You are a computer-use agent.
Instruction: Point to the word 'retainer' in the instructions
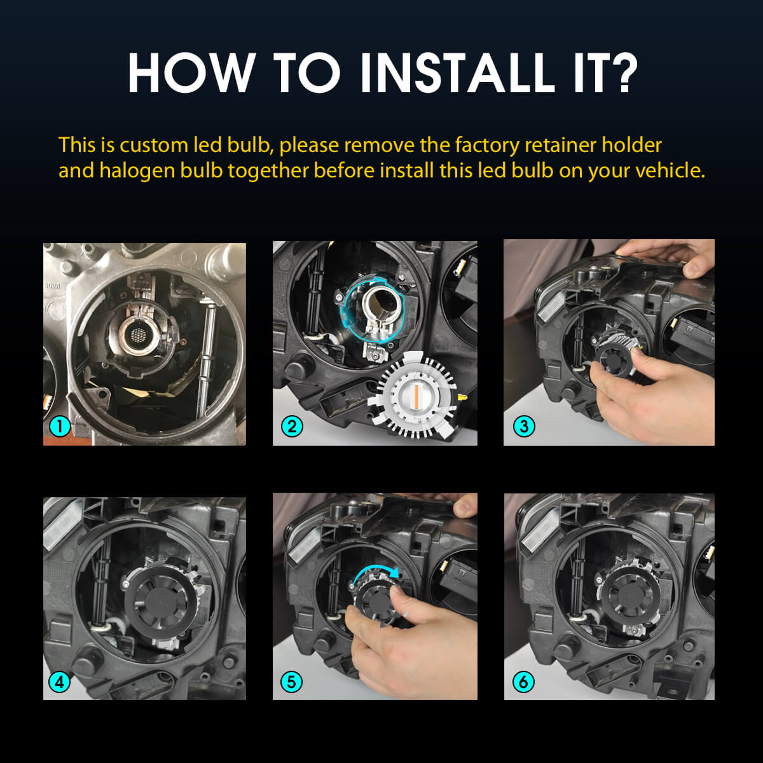pyautogui.click(x=560, y=145)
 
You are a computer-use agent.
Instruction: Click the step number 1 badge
pyautogui.click(x=60, y=425)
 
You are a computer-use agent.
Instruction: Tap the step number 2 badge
pyautogui.click(x=292, y=425)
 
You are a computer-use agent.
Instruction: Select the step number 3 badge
pyautogui.click(x=524, y=425)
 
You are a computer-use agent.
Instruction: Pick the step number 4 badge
pyautogui.click(x=60, y=682)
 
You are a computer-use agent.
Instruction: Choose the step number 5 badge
pyautogui.click(x=292, y=682)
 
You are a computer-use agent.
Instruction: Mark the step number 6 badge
pyautogui.click(x=524, y=682)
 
